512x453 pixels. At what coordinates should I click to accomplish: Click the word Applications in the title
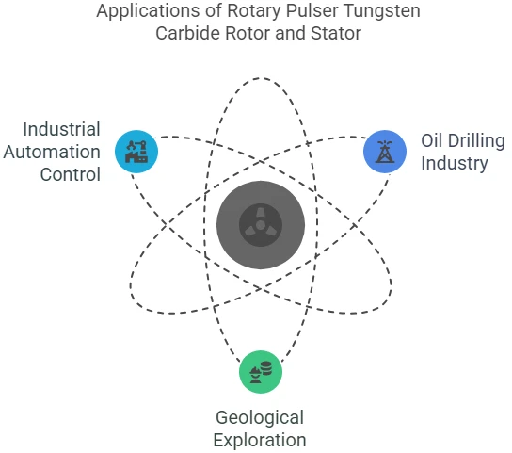click(149, 11)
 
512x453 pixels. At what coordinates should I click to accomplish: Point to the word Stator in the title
click(336, 33)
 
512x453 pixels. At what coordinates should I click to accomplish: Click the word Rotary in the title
click(254, 11)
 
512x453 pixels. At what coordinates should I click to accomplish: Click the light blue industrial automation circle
click(136, 152)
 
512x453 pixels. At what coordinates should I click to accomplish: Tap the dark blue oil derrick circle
click(385, 152)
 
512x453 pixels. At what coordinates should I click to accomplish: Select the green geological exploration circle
click(261, 372)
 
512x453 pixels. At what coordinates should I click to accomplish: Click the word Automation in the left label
click(52, 152)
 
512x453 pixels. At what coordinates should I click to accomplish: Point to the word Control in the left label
click(71, 174)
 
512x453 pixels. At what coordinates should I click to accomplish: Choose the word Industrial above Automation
click(61, 129)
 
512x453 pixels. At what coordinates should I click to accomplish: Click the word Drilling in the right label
click(476, 141)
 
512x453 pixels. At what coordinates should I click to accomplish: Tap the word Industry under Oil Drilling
click(455, 164)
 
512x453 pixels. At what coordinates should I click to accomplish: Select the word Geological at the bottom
click(260, 418)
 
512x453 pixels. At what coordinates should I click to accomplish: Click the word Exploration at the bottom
click(260, 440)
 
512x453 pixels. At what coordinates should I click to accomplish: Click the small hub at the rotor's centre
click(261, 225)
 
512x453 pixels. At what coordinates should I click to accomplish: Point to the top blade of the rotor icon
click(261, 213)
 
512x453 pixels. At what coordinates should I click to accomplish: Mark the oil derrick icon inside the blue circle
click(385, 152)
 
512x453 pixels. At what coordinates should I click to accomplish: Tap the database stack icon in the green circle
click(266, 368)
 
